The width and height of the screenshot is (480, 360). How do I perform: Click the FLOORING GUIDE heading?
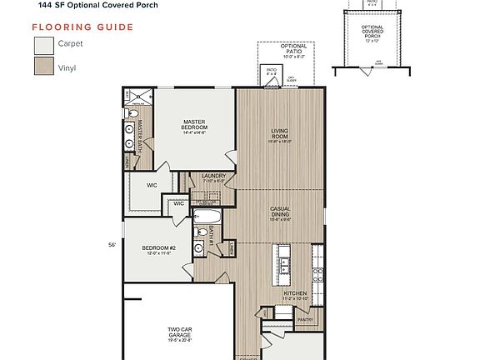pyautogui.click(x=82, y=27)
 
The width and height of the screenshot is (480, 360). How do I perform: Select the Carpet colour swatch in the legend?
pyautogui.click(x=42, y=44)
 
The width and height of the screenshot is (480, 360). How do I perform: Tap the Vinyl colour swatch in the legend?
pyautogui.click(x=42, y=66)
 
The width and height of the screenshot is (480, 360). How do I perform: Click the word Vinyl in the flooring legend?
pyautogui.click(x=67, y=67)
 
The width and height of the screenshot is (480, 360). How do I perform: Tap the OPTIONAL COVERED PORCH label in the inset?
pyautogui.click(x=372, y=31)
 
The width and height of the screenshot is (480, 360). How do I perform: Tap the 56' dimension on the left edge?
pyautogui.click(x=111, y=245)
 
